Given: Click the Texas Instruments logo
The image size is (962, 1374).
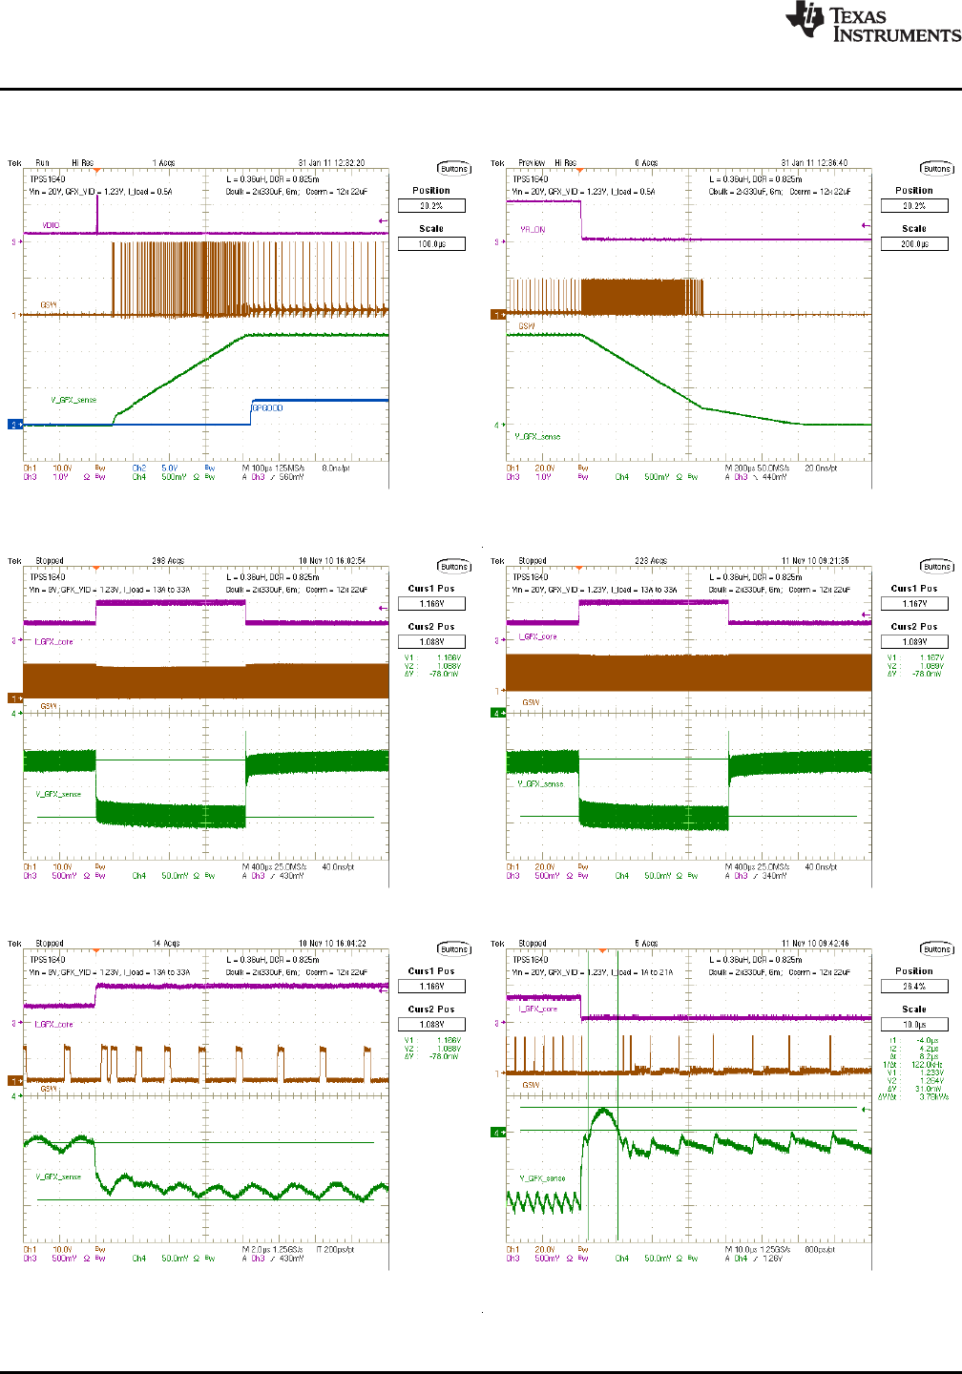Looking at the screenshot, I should tap(872, 23).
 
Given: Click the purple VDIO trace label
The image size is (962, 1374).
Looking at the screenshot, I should tap(51, 225).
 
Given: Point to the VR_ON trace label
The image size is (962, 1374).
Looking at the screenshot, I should tap(533, 230).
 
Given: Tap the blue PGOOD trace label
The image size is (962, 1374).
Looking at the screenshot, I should tap(267, 407).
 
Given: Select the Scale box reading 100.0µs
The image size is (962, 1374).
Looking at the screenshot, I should tap(431, 244).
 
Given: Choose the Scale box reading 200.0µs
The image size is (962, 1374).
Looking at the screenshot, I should tap(914, 244).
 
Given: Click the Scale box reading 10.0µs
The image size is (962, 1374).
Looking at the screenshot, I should tap(914, 1025).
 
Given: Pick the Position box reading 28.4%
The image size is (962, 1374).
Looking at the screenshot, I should tap(914, 987).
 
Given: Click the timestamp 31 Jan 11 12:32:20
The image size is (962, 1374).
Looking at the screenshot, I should tap(331, 163).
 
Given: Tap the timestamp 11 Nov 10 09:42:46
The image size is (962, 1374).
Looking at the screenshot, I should tap(814, 944).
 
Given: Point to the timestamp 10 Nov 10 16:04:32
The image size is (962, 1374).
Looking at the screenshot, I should tap(331, 944).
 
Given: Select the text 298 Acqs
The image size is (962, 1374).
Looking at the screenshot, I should tap(168, 561).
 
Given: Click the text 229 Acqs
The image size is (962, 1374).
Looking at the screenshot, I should tap(651, 561).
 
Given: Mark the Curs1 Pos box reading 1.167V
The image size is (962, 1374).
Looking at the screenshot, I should tap(914, 604).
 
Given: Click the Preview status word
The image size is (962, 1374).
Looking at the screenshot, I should tap(532, 163).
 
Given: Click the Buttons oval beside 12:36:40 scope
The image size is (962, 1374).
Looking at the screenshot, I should tap(937, 169).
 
